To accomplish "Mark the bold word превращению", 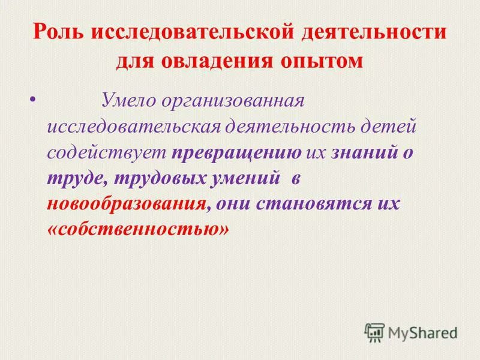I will [x=236, y=154].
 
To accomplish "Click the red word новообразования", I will [x=128, y=205].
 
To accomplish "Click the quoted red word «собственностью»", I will [x=138, y=231].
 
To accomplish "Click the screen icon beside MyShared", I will [x=374, y=332].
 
